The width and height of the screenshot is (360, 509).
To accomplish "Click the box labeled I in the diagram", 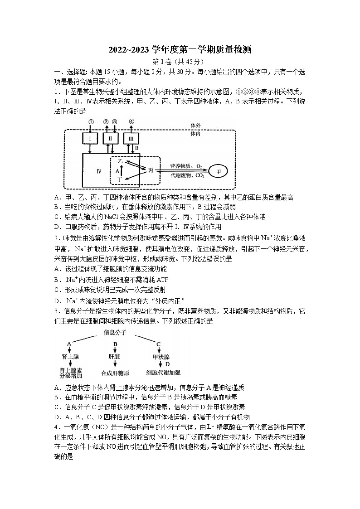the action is click(91, 138).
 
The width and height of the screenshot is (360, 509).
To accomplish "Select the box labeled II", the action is click(111, 138).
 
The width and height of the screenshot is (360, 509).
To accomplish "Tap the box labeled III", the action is click(131, 138).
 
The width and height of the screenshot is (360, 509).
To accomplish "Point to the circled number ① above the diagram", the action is click(91, 121).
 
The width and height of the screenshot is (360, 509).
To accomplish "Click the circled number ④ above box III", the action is click(131, 121).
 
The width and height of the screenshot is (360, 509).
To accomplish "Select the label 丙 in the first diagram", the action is click(150, 170).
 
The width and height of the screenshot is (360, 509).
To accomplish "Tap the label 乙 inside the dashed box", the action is click(120, 161).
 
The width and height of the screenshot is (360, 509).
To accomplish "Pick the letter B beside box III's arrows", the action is click(136, 148).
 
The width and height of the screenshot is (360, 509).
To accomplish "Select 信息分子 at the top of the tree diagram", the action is click(115, 333).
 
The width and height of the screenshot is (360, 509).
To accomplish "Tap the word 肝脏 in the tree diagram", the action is click(114, 357).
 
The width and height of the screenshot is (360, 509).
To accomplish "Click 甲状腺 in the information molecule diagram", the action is click(161, 357).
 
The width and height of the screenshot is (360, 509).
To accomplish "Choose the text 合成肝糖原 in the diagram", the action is click(116, 373).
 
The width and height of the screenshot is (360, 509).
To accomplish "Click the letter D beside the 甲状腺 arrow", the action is click(168, 364).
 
